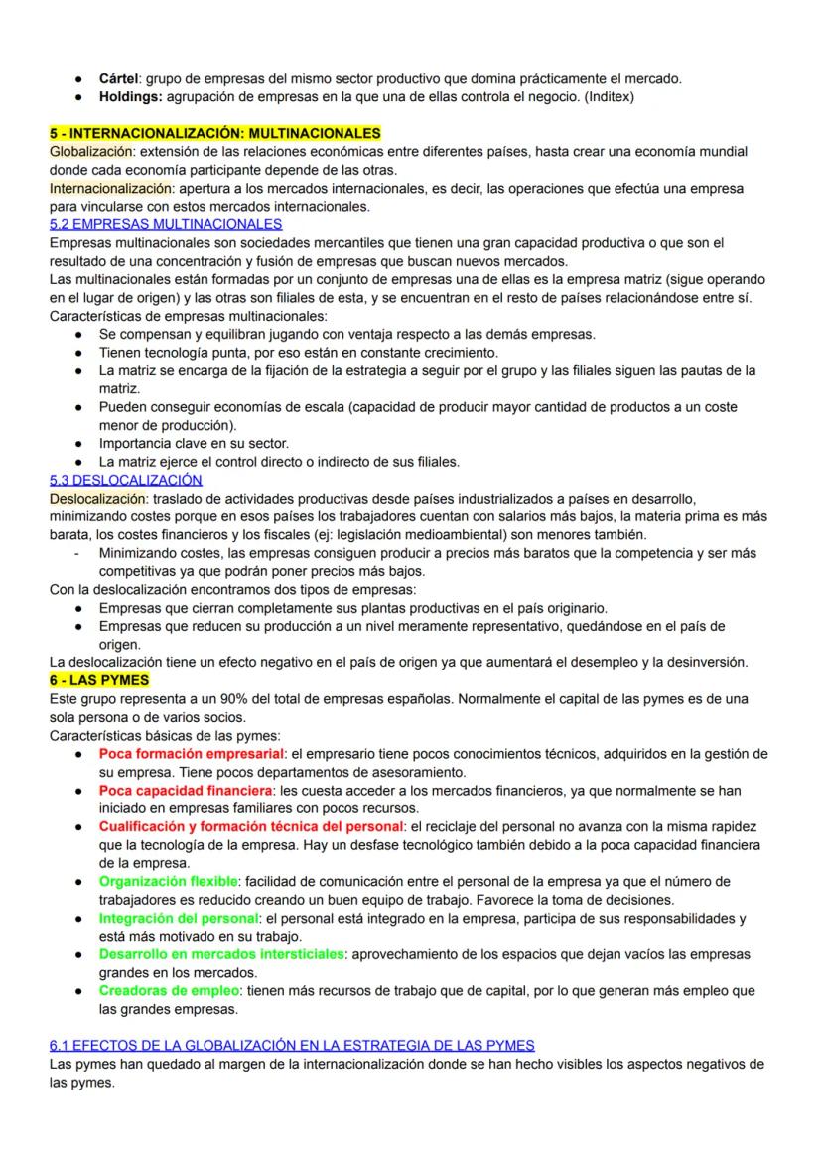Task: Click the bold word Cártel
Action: pos(120,78)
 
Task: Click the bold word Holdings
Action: pos(131,97)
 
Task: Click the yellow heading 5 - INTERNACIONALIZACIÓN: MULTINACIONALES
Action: pos(214,133)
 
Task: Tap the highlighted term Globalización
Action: pos(90,152)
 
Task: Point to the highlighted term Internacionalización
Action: pos(104,188)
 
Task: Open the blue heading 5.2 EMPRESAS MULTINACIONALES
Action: pos(166,224)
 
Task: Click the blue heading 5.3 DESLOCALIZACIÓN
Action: pos(125,480)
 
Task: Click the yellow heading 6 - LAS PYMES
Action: pos(99,680)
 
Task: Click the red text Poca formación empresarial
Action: pos(192,754)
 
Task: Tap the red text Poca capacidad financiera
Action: pos(186,790)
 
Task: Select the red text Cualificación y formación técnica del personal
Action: pos(251,826)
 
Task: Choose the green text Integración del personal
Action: pos(179,918)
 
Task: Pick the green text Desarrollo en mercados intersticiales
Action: pos(221,954)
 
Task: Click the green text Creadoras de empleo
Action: pos(170,990)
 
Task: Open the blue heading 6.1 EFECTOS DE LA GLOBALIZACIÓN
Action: pos(292,1045)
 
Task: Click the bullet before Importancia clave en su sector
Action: pos(77,443)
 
